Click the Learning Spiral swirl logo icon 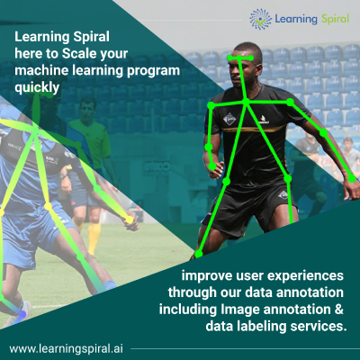point(260,19)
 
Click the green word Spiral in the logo point(335,19)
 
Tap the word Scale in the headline point(79,54)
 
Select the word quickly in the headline point(37,88)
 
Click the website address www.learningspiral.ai point(66,348)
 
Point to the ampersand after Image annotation point(339,310)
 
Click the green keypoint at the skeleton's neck point(246,103)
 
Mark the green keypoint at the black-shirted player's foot point(199,255)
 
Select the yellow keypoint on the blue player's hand point(130,220)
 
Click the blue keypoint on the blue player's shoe point(22,315)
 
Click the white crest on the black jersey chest point(229,119)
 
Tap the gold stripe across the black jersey point(253,129)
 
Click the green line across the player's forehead point(240,58)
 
